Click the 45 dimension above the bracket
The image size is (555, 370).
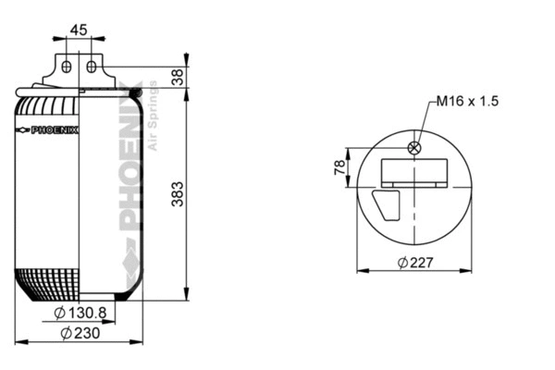tap(79, 30)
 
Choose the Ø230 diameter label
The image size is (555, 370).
tap(80, 333)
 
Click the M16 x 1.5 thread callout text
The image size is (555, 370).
tap(468, 101)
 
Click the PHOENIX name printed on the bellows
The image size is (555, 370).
tap(55, 129)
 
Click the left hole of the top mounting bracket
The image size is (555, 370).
tap(67, 66)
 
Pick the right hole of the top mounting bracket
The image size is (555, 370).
tap(91, 66)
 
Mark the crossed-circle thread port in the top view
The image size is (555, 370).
tap(414, 147)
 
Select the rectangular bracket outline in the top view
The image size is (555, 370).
tap(414, 173)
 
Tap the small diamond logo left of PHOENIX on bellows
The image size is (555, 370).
tap(23, 129)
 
